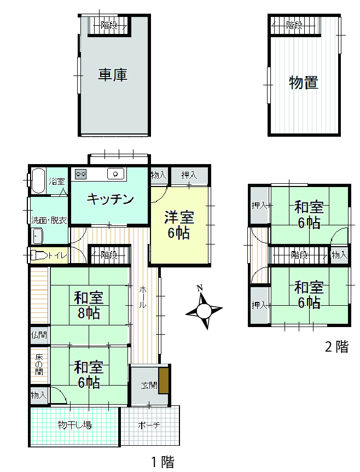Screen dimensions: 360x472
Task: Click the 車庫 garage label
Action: (x=113, y=74)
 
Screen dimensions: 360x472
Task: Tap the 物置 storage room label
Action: (x=304, y=82)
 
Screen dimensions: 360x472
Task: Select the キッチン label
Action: (x=110, y=199)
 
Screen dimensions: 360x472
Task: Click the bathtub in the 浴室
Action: (x=38, y=180)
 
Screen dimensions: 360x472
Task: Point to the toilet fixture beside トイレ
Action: (x=38, y=256)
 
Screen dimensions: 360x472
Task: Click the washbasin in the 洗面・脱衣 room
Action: (x=37, y=236)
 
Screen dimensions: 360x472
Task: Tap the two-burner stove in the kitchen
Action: (x=80, y=174)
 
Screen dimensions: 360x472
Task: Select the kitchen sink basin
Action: (x=115, y=174)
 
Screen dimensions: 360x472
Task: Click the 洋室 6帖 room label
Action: (x=179, y=225)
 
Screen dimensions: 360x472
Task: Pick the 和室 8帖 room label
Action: (x=89, y=305)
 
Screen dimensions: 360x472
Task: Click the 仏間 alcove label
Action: (x=39, y=334)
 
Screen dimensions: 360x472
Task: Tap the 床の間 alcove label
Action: (x=39, y=365)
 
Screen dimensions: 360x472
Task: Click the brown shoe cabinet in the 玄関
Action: (x=164, y=380)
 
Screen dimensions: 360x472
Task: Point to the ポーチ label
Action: (x=149, y=425)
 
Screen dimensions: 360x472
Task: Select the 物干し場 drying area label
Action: (x=74, y=425)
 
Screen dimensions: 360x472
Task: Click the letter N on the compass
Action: (x=200, y=288)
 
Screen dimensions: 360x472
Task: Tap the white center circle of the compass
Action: (x=204, y=311)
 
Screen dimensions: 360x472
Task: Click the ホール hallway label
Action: (x=143, y=298)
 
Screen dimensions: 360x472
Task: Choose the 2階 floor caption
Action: (x=337, y=346)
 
